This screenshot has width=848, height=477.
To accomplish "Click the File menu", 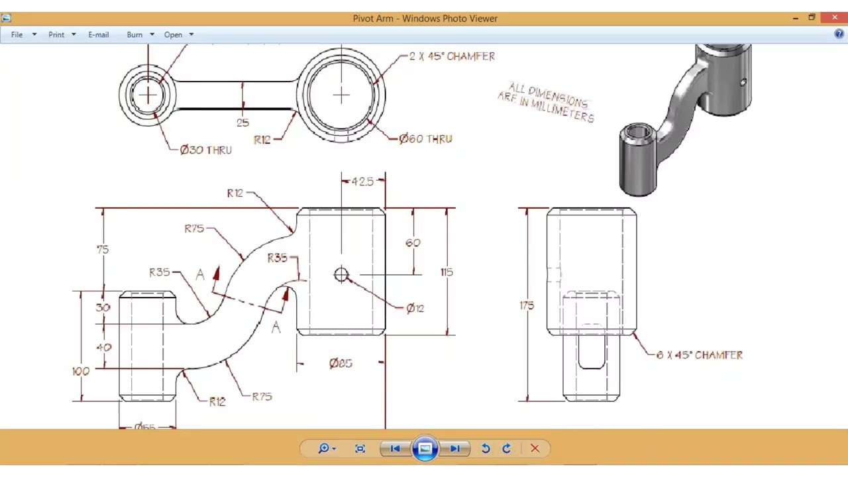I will point(17,34).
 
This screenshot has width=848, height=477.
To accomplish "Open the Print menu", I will point(57,34).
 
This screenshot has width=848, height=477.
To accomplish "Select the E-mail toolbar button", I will point(98,34).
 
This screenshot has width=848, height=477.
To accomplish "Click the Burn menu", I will point(135,34).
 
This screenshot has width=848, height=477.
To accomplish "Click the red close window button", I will point(834,18).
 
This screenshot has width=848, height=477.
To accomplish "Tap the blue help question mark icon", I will point(839,34).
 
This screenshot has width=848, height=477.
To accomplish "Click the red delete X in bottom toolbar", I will point(535,449).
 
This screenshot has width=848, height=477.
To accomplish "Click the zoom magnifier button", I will point(324,449).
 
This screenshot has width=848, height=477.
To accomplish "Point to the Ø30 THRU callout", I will point(205,150).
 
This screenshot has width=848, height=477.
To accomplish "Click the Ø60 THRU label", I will point(425,139).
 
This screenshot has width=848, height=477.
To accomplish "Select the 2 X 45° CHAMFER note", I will point(452,56).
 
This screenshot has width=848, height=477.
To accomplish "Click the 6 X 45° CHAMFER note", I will point(699,355).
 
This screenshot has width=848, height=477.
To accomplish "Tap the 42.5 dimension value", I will point(362,182).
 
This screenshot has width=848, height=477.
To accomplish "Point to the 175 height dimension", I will point(527,305).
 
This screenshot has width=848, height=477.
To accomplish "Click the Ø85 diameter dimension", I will point(341,363).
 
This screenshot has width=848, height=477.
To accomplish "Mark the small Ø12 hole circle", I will point(341,274).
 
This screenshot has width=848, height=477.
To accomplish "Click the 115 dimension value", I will point(447,272).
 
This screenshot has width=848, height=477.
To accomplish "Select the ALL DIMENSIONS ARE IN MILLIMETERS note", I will point(547,103).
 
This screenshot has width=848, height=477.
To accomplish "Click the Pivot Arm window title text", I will point(425,19).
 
